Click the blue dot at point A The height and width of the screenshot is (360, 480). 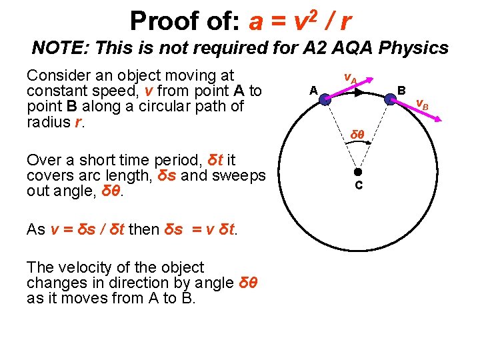coord(323,100)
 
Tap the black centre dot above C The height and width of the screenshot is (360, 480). coord(357,171)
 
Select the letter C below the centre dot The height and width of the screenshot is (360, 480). coord(358,185)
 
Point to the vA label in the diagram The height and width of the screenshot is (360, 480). coord(349,78)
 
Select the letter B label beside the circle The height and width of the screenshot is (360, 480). coord(401,89)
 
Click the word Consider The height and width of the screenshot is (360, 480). coord(58,75)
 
